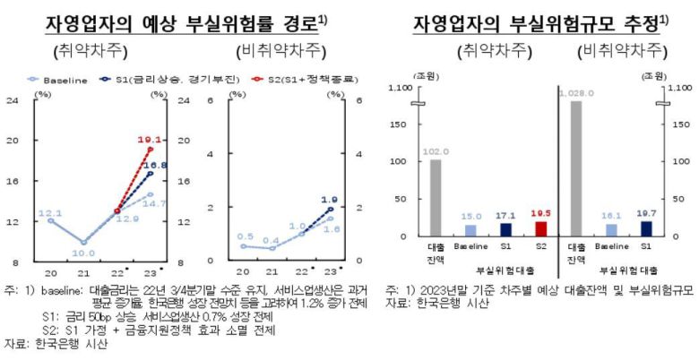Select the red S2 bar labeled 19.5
(539, 229)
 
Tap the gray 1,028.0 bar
(575, 168)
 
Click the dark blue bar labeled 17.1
(505, 230)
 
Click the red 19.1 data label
(149, 140)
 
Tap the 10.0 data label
(85, 253)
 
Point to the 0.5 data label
(245, 236)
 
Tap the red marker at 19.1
(150, 150)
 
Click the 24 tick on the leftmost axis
(12, 100)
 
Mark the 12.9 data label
(129, 219)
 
